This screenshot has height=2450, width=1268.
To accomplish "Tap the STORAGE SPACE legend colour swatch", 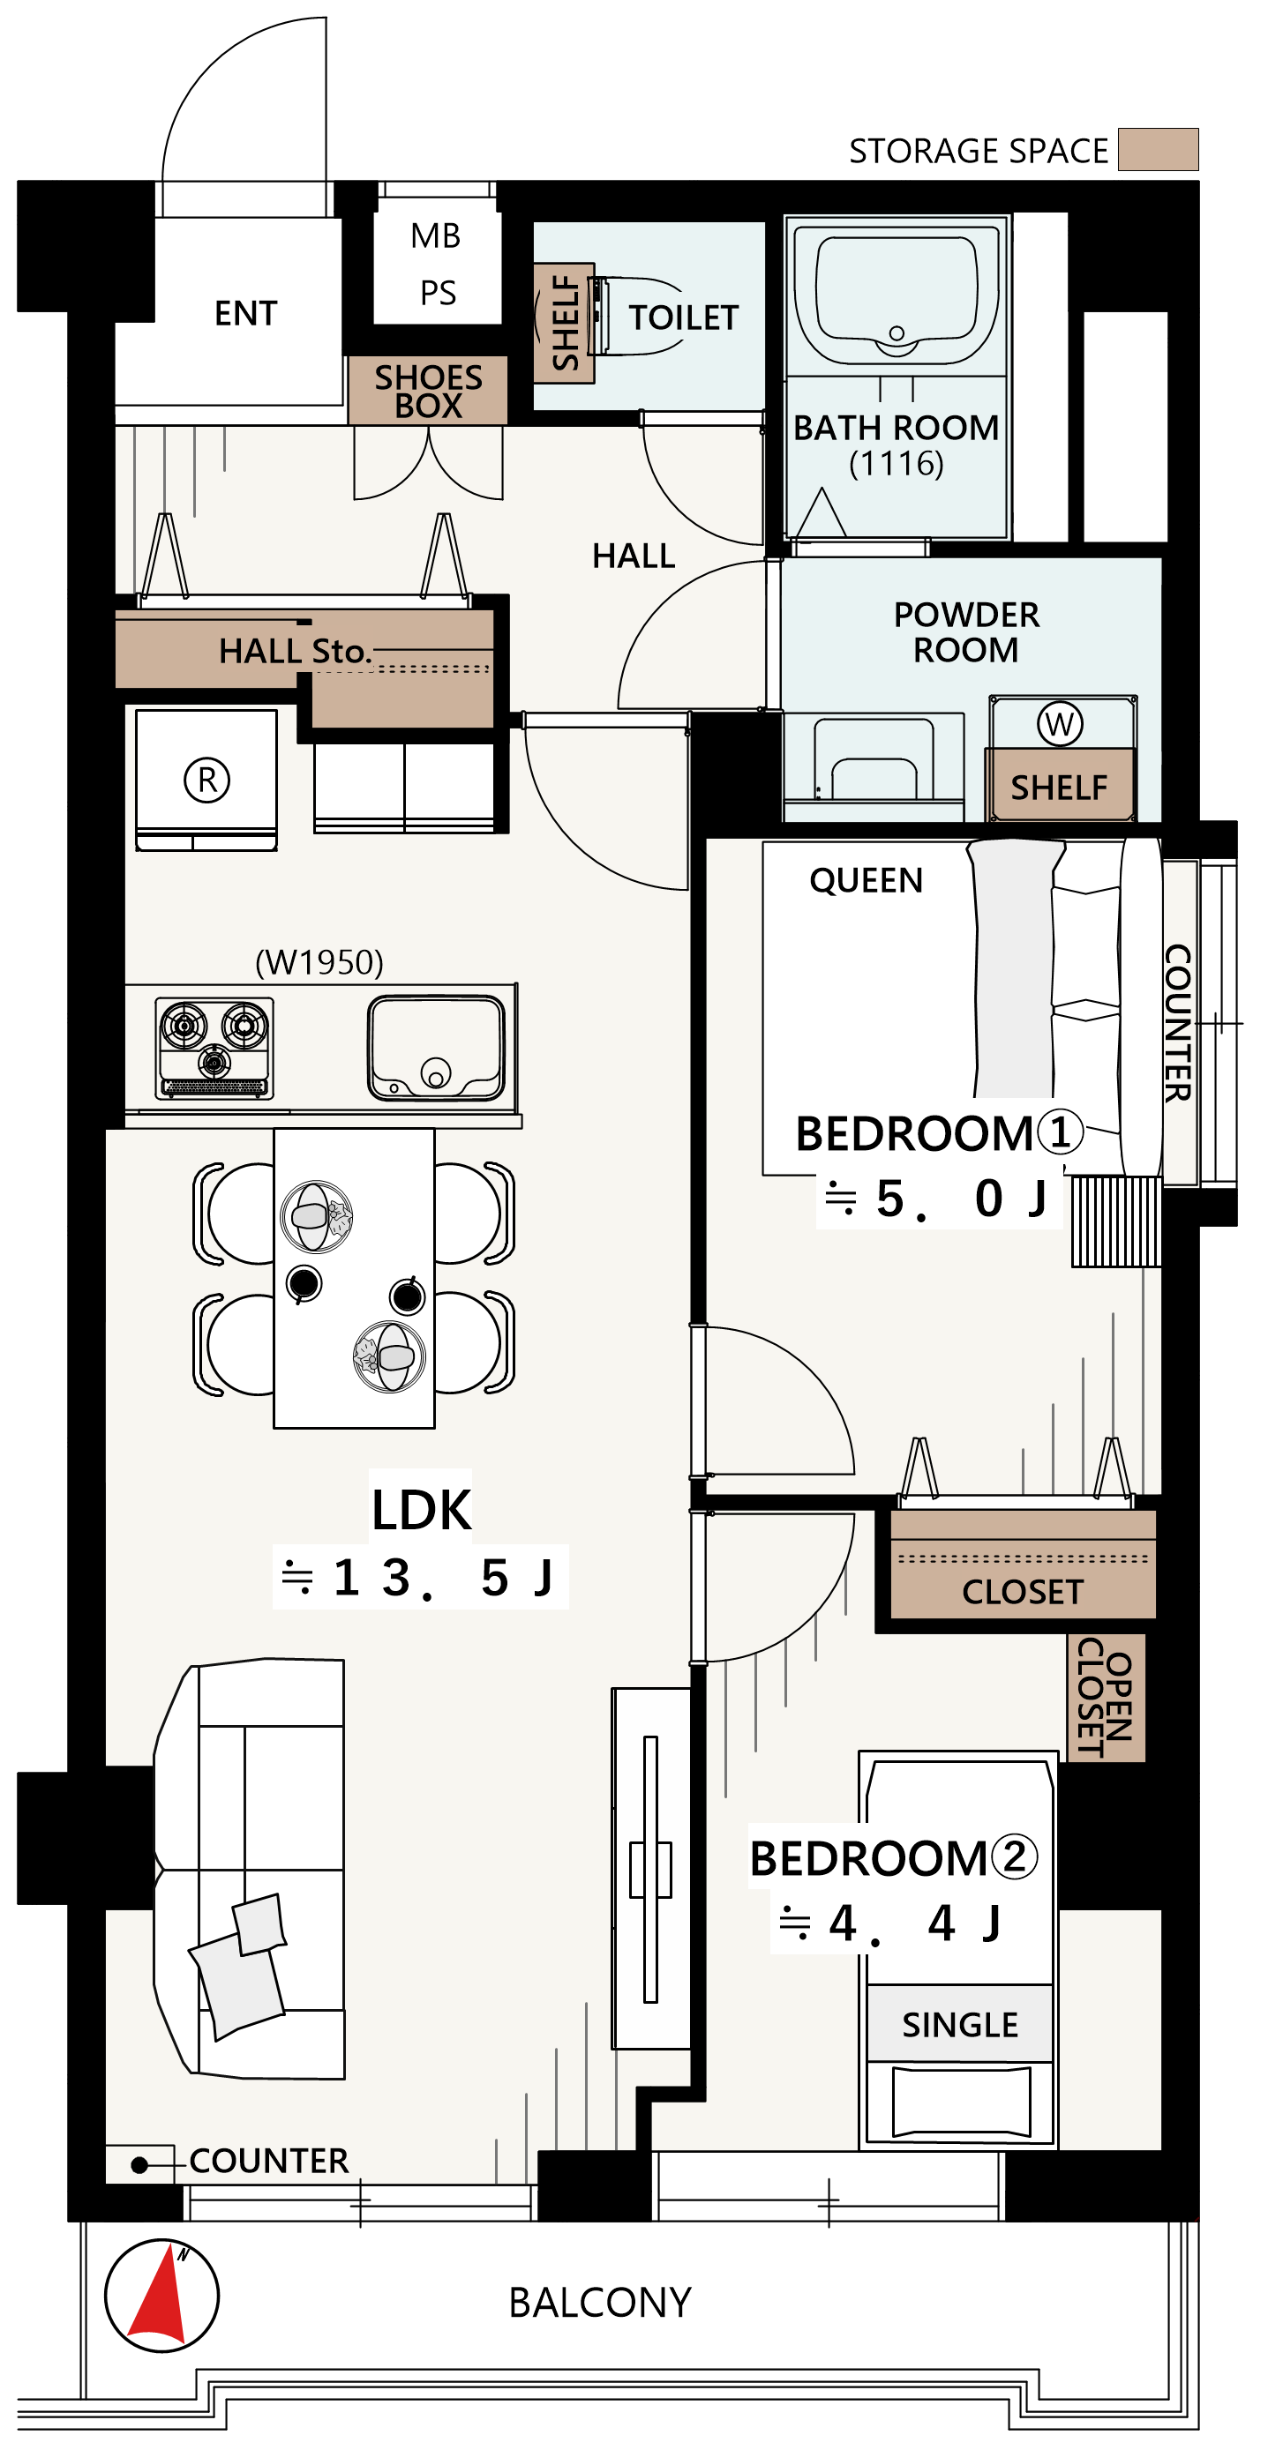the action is coord(1158,149).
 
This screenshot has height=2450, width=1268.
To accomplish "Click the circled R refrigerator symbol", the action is coord(206,780).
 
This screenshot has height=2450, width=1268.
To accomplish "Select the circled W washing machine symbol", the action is coord(1060,724).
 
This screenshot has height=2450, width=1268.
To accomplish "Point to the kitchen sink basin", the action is coord(437,1047).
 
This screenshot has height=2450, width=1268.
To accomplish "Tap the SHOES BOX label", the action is coord(428,391).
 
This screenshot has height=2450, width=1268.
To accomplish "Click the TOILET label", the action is coord(683,317).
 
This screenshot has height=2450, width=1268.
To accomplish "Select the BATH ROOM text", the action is coord(896,428).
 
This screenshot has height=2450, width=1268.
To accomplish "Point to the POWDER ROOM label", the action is coord(966,632).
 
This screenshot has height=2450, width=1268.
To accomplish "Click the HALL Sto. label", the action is coord(294,652).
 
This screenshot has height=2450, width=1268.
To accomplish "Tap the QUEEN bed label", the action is coord(866,882).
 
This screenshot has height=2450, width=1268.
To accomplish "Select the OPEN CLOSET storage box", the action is coord(1107,1698).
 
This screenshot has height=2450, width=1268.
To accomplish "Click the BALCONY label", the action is coord(599,2303).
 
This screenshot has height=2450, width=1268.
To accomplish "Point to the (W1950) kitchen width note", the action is coord(319,962).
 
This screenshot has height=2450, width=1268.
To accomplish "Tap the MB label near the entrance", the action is coord(436,235).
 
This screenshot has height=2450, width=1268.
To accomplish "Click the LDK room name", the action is coord(422,1509).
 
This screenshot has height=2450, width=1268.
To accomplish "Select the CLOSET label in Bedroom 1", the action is coord(1023,1592).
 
